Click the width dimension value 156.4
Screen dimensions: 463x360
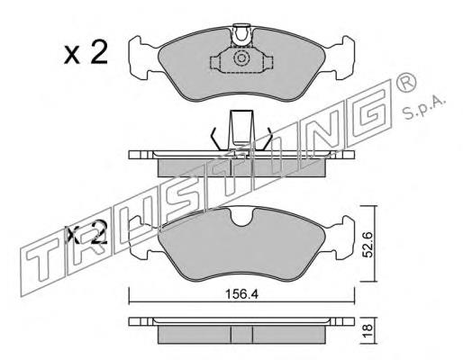(241, 294)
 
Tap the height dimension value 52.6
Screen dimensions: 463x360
(368, 244)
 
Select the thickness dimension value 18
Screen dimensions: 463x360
(368, 330)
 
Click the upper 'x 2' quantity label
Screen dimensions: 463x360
(86, 53)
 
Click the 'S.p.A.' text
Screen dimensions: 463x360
(423, 108)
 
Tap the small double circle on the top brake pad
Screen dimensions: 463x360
(241, 58)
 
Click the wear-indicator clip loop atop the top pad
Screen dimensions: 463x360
(241, 35)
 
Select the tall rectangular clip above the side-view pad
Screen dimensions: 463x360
(241, 130)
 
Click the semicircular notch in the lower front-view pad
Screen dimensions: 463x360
(242, 218)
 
